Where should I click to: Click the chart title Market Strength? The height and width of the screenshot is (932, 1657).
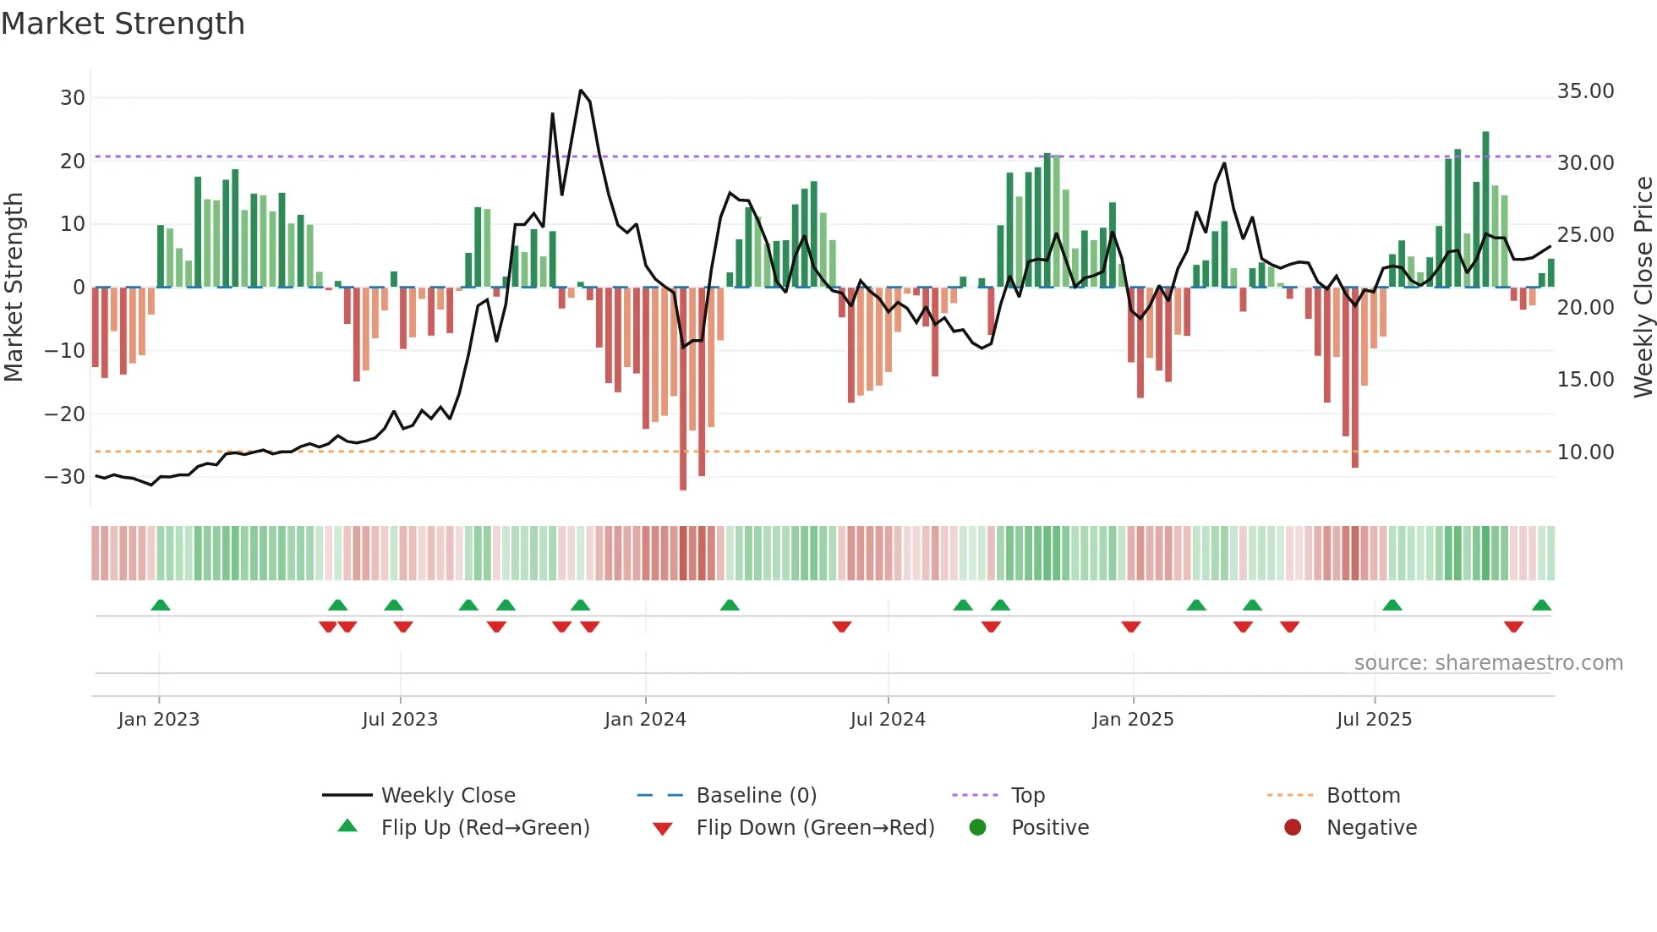tap(123, 24)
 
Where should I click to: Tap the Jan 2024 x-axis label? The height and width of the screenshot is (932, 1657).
tap(645, 720)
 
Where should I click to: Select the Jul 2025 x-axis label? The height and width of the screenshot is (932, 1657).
tap(1374, 720)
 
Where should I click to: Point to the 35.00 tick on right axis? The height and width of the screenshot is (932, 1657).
tap(1585, 91)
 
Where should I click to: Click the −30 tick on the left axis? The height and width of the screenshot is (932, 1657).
tap(65, 477)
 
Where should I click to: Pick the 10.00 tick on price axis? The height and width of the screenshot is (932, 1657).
tap(1585, 452)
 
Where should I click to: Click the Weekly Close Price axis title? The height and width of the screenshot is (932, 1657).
tap(1643, 288)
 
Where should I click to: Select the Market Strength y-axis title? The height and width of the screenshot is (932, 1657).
tap(14, 288)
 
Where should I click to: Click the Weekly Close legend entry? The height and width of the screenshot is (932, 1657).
tap(448, 796)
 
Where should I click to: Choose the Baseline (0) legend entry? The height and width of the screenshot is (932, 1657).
tap(756, 796)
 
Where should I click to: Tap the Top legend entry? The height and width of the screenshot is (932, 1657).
tap(1028, 796)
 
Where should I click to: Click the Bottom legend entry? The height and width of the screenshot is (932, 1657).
tap(1363, 796)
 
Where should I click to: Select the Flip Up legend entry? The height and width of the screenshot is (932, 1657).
tap(485, 828)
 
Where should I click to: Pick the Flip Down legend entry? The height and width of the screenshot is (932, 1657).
tap(815, 828)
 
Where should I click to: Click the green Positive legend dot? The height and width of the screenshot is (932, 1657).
tap(978, 828)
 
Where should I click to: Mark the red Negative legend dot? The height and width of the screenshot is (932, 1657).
tap(1293, 828)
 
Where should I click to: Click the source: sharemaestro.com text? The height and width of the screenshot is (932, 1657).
tap(1488, 663)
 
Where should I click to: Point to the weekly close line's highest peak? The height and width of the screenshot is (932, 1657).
tap(581, 90)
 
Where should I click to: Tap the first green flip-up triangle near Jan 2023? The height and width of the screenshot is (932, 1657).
tap(161, 605)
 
